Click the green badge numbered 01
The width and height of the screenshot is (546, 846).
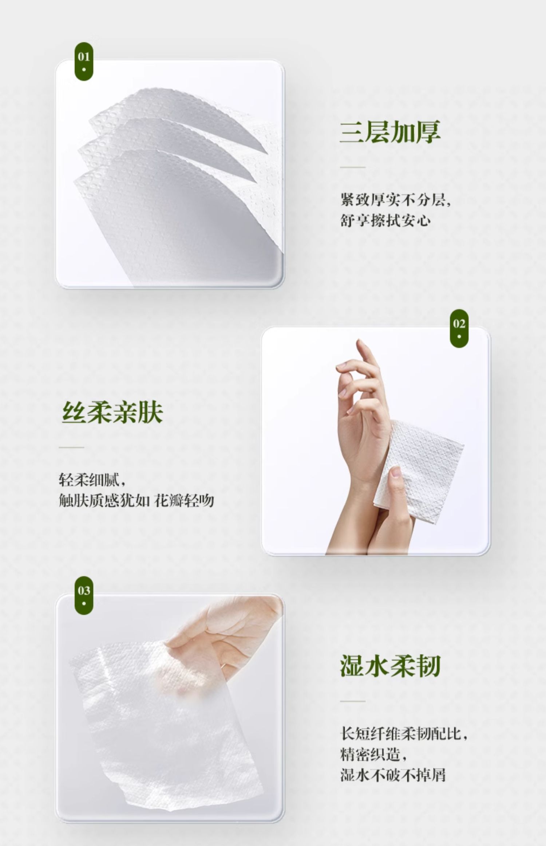(x=84, y=61)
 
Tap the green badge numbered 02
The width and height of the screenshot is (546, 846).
(x=459, y=328)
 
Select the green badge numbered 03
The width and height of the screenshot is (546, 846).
(x=84, y=595)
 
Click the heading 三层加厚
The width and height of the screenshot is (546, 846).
(x=390, y=132)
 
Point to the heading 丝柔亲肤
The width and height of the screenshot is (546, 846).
(x=112, y=412)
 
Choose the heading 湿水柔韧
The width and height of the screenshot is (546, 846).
(x=390, y=666)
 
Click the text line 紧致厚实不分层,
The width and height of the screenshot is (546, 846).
(x=396, y=200)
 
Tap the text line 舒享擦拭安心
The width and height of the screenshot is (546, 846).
(x=385, y=220)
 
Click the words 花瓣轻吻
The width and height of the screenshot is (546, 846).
(x=184, y=501)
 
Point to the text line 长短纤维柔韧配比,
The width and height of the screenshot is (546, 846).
(x=404, y=733)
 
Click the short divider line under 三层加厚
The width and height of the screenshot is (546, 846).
(x=353, y=167)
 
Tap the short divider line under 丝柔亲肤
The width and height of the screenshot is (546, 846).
(x=71, y=447)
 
